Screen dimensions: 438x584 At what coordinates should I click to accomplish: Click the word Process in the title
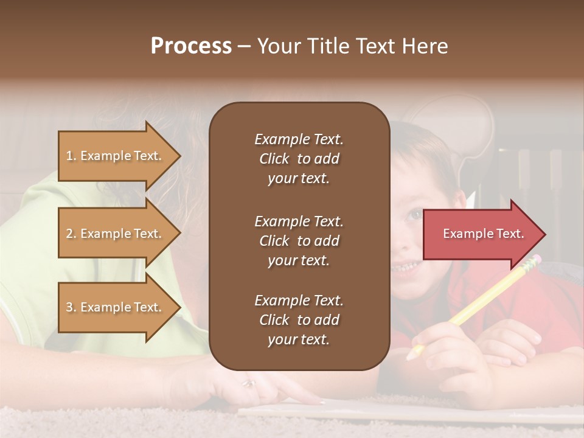coord(191,46)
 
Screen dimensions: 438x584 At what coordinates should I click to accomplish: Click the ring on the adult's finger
coord(249,383)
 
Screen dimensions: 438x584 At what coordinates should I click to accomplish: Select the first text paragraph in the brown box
coord(299,159)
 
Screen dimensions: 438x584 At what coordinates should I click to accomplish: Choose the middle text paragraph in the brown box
coord(299,241)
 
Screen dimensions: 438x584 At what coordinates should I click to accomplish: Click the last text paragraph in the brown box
coord(299,320)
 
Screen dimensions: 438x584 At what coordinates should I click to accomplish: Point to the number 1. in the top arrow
coord(71,156)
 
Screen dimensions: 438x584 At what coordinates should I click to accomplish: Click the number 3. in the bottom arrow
coord(71,308)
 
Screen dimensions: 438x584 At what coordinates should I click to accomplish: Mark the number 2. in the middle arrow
coord(71,234)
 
